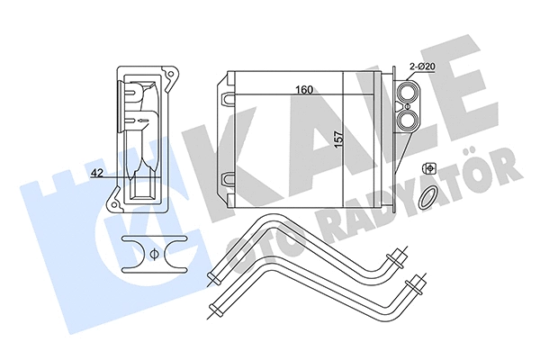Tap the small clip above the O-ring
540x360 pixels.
pos(430,169)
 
